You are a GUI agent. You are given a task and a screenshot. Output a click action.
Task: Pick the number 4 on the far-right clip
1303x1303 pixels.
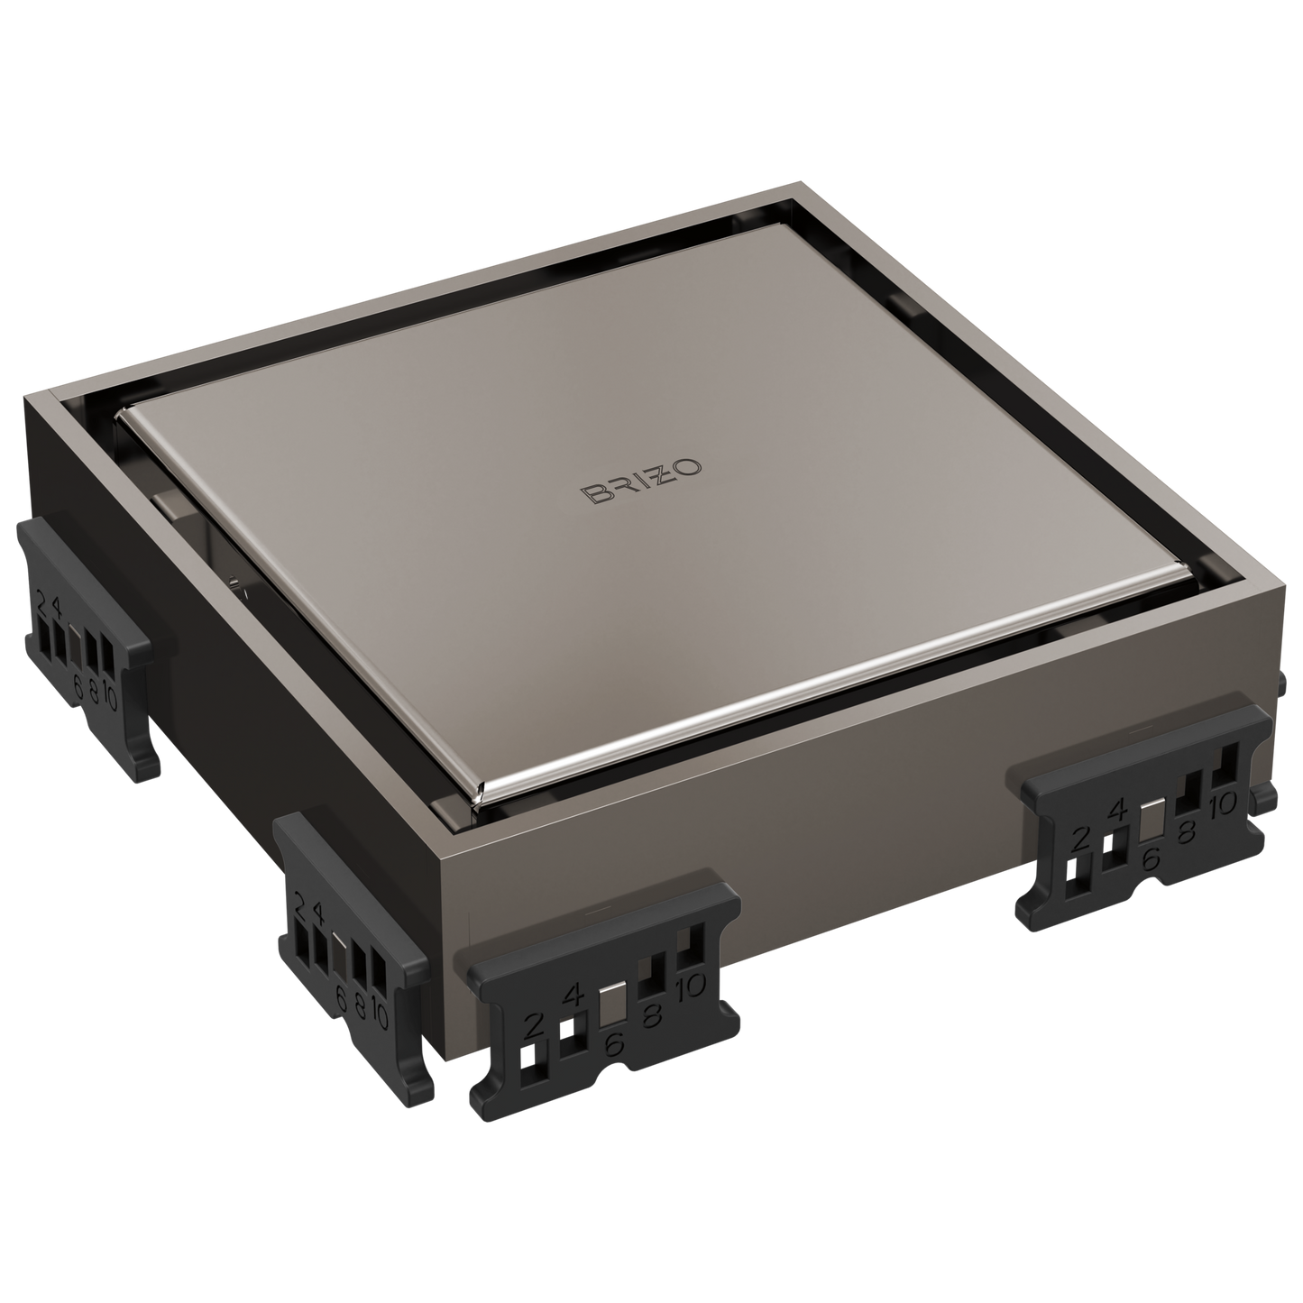click(1117, 810)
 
